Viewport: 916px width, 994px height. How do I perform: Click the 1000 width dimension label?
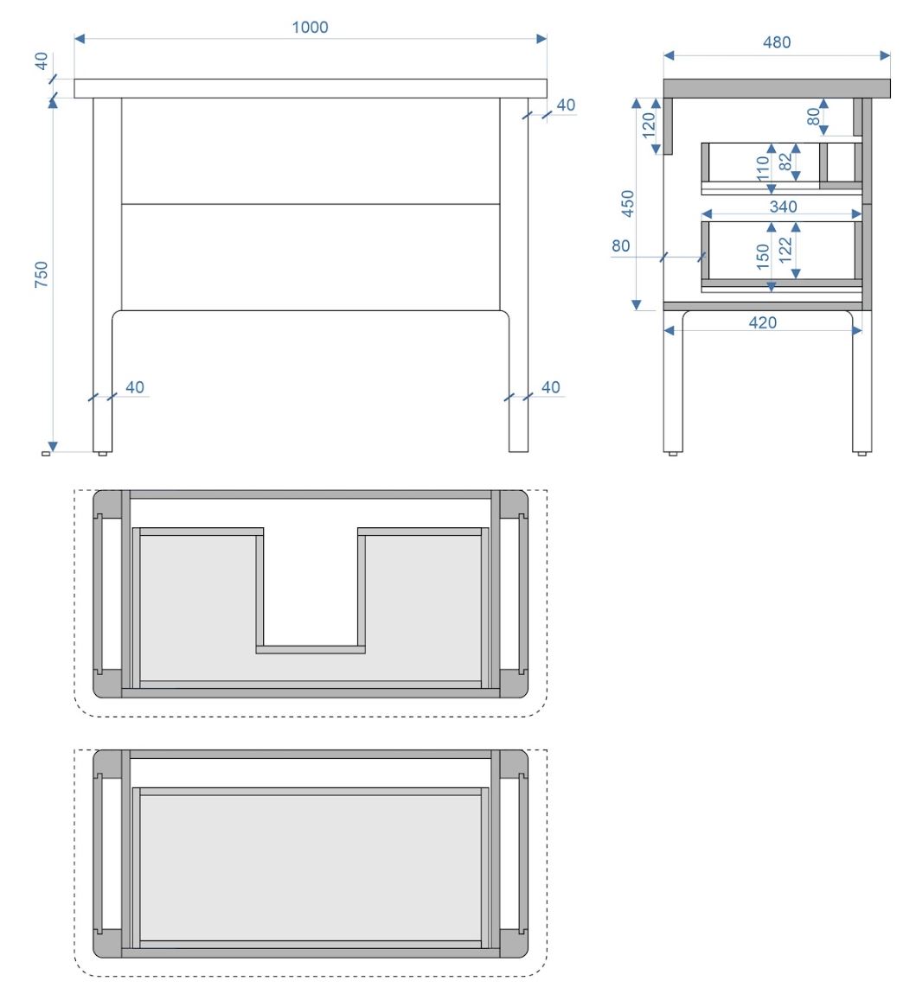[310, 28]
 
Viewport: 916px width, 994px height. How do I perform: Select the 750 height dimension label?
[42, 275]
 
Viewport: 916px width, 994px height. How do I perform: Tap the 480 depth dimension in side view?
[777, 42]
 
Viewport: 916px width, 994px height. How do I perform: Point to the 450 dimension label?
[627, 203]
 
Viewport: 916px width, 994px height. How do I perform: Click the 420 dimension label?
[763, 322]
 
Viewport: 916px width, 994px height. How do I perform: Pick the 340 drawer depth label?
[783, 207]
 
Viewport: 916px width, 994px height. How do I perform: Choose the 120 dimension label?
[649, 125]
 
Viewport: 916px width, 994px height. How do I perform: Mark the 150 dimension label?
[763, 257]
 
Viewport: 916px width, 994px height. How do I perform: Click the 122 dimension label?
[786, 251]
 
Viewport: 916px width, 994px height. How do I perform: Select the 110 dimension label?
[763, 169]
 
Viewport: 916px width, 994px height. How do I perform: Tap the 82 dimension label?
[786, 162]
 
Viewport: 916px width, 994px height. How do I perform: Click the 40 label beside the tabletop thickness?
[42, 61]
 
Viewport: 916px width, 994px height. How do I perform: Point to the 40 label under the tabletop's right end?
[565, 105]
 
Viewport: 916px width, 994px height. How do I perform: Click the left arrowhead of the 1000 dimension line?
[80, 39]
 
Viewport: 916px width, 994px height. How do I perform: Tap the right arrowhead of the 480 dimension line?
[886, 56]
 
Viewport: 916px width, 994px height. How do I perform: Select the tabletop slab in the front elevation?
[311, 89]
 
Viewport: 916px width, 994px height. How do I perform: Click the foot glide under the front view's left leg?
[103, 454]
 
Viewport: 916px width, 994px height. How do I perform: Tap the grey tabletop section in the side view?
[777, 89]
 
